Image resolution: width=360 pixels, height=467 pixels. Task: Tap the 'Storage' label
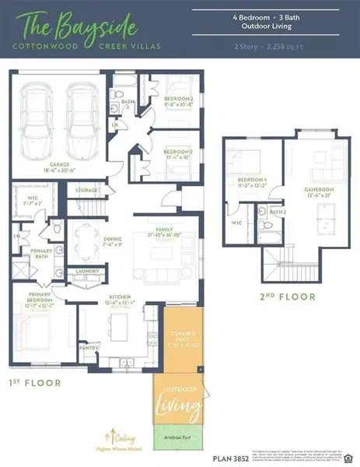pyautogui.click(x=86, y=189)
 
